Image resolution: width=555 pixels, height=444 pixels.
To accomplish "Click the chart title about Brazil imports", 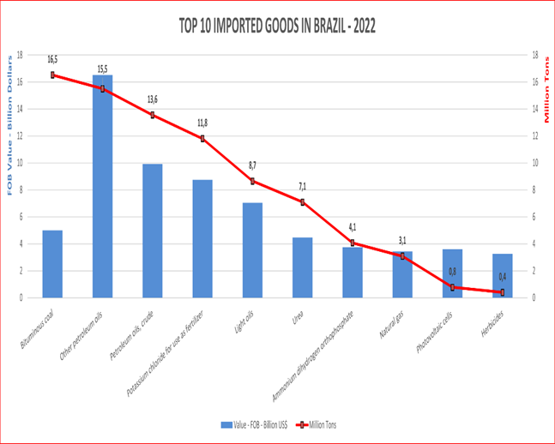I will (x=277, y=26).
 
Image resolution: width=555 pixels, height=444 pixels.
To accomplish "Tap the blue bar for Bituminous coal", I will (x=52, y=263).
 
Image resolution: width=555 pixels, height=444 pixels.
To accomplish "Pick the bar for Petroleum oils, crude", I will (x=153, y=231).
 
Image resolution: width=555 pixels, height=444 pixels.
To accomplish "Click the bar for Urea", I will (x=302, y=267).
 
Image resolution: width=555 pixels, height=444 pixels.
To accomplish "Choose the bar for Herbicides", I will (x=502, y=275).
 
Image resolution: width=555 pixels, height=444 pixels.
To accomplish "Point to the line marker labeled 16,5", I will (x=52, y=75).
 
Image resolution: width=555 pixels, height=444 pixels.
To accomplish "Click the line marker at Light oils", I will (x=252, y=181).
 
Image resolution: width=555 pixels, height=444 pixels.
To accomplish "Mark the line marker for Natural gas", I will (x=402, y=256).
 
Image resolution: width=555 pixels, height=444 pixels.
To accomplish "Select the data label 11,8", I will (x=202, y=123).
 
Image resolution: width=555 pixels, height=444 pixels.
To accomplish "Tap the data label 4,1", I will (x=353, y=228).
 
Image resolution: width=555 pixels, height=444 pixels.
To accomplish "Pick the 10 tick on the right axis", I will (x=535, y=162).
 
